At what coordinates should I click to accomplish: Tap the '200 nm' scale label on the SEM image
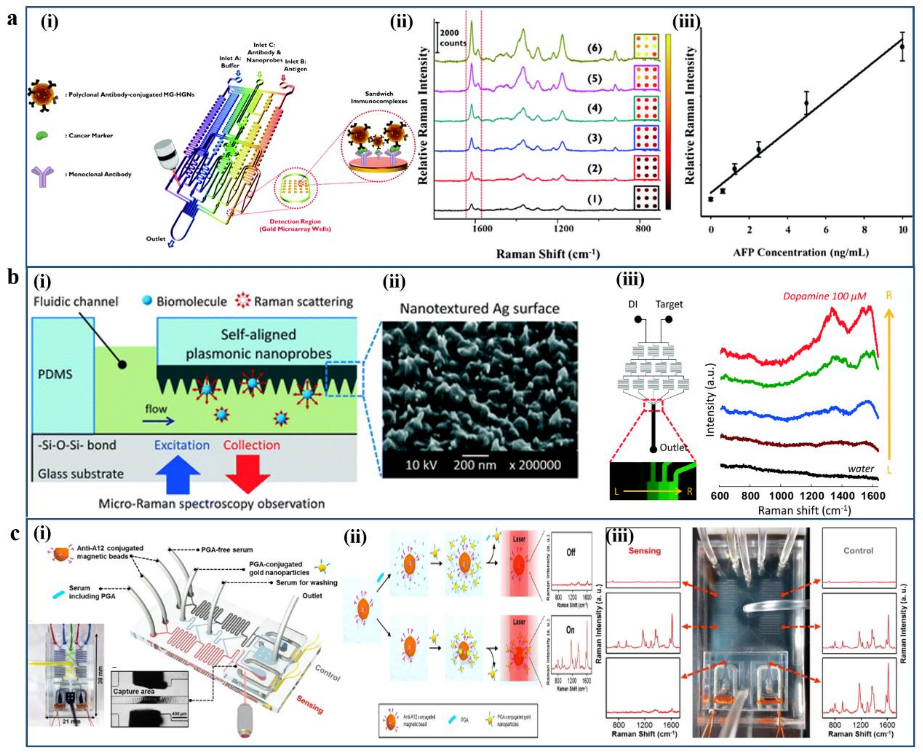[x=474, y=465]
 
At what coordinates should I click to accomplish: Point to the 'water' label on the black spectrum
[x=860, y=468]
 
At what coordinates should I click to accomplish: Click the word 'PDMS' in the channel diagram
[x=55, y=374]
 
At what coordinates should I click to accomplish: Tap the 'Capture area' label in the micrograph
[x=134, y=691]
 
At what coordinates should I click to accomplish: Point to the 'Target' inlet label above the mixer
[x=669, y=304]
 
